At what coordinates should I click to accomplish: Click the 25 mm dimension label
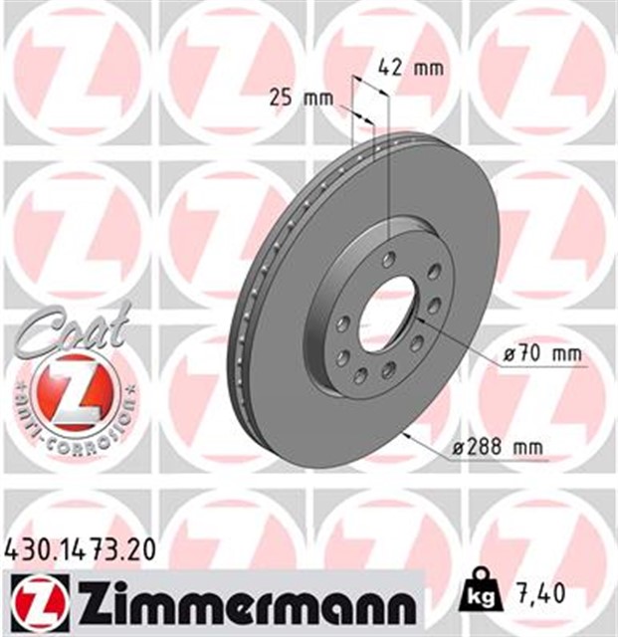(x=302, y=98)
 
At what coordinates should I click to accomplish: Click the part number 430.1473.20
(x=79, y=546)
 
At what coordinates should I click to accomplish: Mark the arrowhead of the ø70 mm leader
(x=418, y=320)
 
